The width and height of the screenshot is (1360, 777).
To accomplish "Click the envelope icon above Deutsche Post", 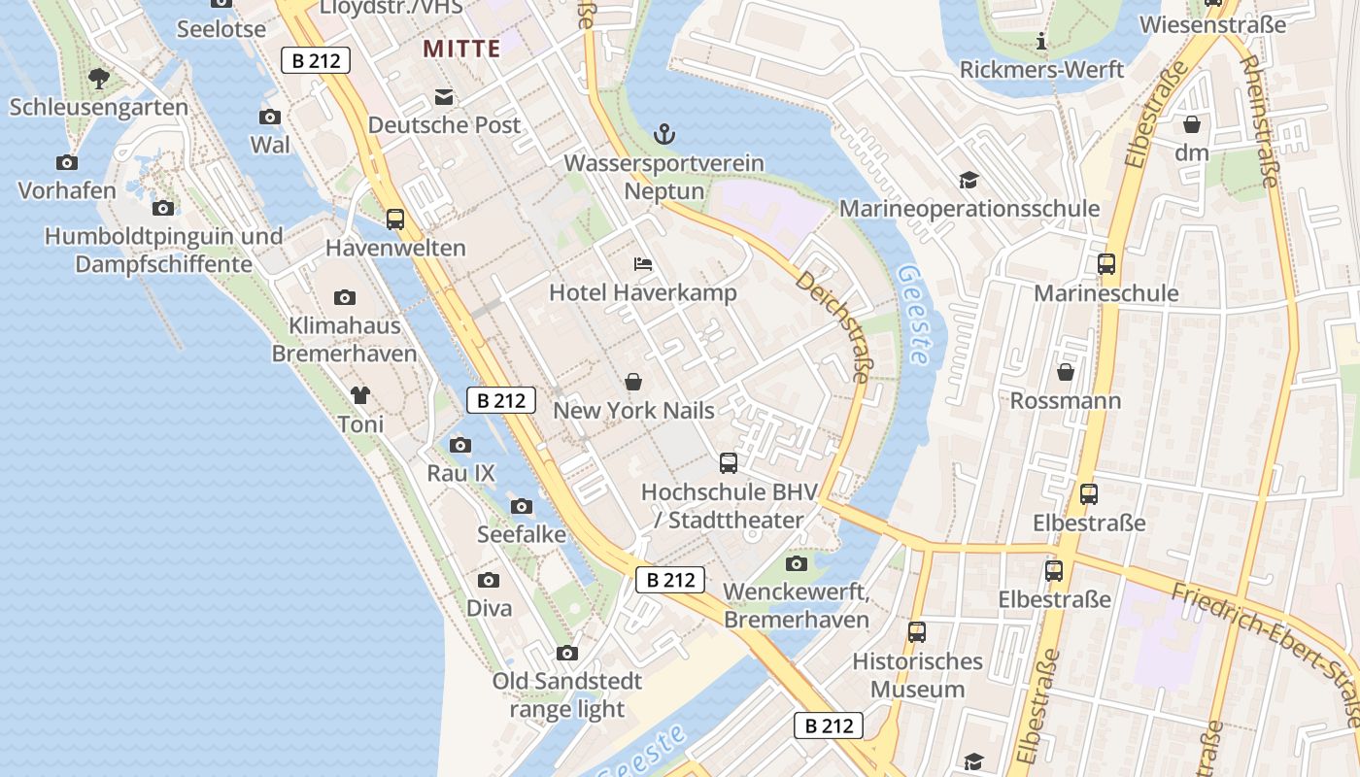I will pos(444,97).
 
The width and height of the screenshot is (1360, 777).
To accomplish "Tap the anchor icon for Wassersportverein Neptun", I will pos(664,134).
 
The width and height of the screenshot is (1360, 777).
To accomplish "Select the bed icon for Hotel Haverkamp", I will pos(642,263).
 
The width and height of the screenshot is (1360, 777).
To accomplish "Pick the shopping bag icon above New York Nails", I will pos(633,382).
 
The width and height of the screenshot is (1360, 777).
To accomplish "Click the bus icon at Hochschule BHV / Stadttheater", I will pos(729,463).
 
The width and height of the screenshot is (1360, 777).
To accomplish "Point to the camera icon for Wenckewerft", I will pos(797,563).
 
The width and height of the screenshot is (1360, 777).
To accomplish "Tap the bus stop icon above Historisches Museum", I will pos(916,632).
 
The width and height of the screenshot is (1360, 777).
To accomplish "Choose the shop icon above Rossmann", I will pos(1066,372).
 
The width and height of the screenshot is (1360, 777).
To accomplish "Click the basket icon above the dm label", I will pos(1192,124).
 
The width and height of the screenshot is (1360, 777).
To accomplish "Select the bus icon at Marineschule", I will pos(1105,264).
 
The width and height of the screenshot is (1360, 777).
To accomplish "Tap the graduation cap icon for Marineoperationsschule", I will pos(969,180).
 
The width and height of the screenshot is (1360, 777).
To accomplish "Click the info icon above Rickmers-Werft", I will pos(1041,42).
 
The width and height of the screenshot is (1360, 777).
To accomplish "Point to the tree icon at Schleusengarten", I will pos(98,78).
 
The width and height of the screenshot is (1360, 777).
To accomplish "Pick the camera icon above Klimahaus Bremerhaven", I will pos(344,297).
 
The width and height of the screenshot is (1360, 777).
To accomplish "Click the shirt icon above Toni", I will pos(360,395).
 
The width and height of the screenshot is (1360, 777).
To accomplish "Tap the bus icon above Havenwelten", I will pos(394,220).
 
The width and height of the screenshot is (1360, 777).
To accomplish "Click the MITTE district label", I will pos(461,49).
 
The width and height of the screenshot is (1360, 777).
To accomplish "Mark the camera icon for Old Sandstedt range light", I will pos(567,653).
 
